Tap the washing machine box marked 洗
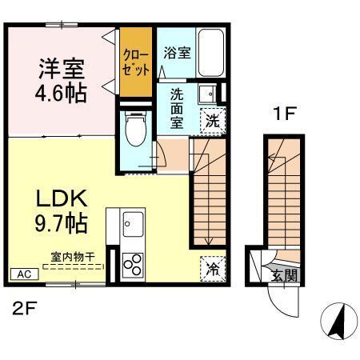(x=212, y=122)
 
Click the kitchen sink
(x=133, y=226)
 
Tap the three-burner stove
(x=133, y=263)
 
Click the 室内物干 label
(x=73, y=256)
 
